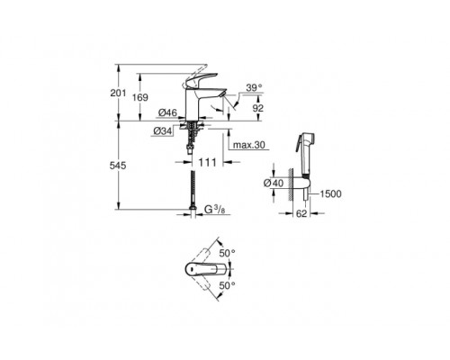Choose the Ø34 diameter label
tap(163, 132)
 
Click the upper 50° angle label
tap(227, 255)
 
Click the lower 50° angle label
tap(227, 285)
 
